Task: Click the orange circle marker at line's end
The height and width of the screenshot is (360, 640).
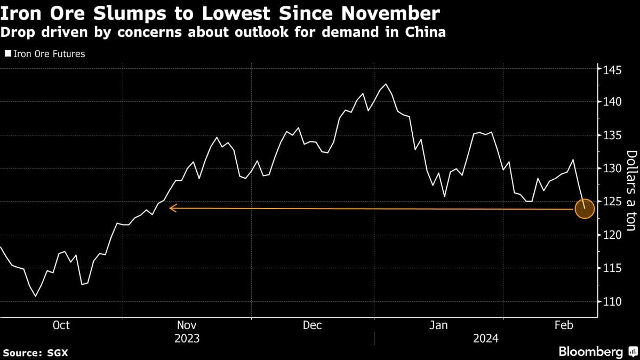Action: coord(585,209)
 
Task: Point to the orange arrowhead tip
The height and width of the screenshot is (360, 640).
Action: coord(170,208)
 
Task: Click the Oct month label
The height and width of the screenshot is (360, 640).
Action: coord(61,325)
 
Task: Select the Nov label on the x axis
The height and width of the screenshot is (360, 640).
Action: coord(187,325)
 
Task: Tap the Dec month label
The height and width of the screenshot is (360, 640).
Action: coord(312,325)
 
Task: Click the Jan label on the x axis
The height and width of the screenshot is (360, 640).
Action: coord(438,325)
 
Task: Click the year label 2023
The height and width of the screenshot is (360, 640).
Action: coord(187,339)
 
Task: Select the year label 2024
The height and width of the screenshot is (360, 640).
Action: coord(485,339)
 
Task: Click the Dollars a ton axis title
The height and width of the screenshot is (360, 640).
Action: coord(631,191)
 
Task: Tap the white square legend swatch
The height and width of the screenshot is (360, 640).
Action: coord(7,54)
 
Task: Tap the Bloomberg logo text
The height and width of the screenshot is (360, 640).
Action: coord(591,352)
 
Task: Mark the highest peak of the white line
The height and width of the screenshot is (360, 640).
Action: coord(386,84)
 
